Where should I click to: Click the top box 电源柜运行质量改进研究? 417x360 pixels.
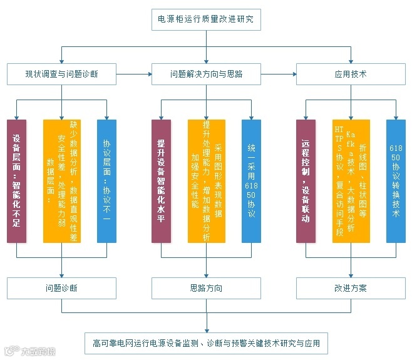tap(205, 19)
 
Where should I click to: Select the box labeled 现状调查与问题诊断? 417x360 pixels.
tap(61, 74)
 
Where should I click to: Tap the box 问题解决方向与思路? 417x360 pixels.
tap(206, 74)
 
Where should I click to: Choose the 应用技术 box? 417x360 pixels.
tap(351, 74)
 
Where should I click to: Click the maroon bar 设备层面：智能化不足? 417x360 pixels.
tap(17, 181)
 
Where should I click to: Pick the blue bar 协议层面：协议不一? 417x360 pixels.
tap(106, 181)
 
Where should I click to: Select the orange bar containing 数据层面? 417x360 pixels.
tap(62, 181)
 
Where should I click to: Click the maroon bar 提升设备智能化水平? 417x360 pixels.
tap(161, 181)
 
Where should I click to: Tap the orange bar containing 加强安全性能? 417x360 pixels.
tap(206, 181)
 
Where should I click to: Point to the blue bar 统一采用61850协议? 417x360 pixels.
tap(251, 181)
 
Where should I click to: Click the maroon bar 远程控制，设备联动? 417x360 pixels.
tap(306, 181)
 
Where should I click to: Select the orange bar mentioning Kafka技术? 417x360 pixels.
tap(351, 181)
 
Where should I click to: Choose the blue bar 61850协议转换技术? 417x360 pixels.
tap(396, 181)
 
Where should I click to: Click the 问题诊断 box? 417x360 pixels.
tap(61, 289)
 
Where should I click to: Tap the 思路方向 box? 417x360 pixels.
tap(206, 289)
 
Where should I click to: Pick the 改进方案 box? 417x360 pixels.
tap(351, 289)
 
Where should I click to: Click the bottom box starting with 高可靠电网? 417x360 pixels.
tap(206, 343)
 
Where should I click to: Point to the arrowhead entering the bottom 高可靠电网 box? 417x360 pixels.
tap(206, 330)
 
